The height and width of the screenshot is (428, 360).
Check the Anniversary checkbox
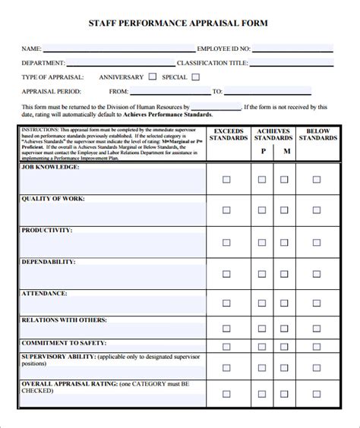click(x=153, y=77)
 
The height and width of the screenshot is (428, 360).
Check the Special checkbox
click(x=196, y=77)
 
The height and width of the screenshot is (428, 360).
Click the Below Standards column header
click(x=317, y=134)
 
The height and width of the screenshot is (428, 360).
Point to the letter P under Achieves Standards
click(x=263, y=152)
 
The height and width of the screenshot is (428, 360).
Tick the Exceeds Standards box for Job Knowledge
click(x=226, y=180)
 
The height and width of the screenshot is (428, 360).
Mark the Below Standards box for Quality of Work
click(x=317, y=211)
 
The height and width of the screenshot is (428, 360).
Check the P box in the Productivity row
click(x=263, y=243)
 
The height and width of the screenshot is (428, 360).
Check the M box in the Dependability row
click(x=284, y=274)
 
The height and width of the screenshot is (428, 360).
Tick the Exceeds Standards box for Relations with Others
click(x=226, y=332)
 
